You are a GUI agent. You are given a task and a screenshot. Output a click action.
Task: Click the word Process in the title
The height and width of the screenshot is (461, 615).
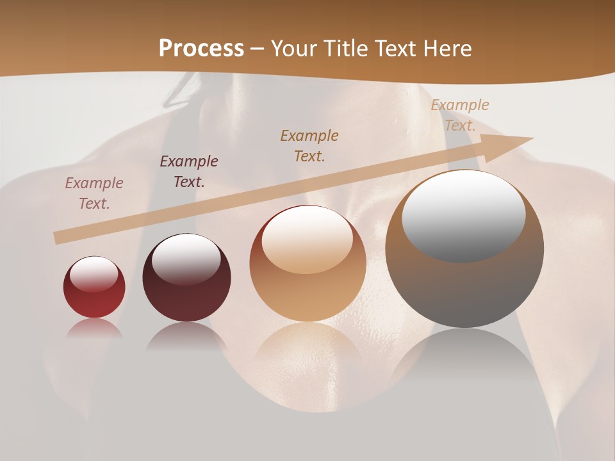(x=201, y=48)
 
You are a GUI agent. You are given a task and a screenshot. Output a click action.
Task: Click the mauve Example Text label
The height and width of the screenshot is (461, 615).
(x=94, y=193)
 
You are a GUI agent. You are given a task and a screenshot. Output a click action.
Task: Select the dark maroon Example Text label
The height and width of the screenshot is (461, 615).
(x=189, y=172)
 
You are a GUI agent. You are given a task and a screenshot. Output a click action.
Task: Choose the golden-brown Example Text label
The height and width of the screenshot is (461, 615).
(x=309, y=146)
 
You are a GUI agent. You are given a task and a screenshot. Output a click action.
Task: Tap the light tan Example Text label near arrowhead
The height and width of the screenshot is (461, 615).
(x=459, y=115)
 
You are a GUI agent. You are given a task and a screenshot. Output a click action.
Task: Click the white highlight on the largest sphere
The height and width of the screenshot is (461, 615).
(x=463, y=215)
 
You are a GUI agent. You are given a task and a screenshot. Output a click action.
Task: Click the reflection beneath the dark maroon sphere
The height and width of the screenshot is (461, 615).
(x=186, y=336)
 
